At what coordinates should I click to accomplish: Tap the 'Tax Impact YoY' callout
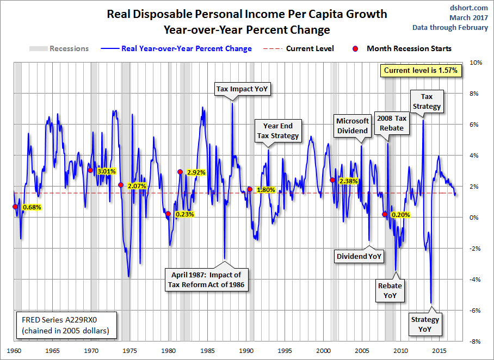pos(234,89)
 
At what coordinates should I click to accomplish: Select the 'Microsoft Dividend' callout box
pos(352,126)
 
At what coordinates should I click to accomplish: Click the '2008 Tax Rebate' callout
pos(391,123)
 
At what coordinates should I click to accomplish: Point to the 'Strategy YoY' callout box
pos(425,325)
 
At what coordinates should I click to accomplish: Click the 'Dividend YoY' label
pos(359,256)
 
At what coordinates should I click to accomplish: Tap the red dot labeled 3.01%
pos(90,170)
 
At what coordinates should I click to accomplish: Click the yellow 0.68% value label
pos(31,207)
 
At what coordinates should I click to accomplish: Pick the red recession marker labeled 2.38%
pos(332,180)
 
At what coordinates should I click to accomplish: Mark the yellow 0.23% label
pos(184,214)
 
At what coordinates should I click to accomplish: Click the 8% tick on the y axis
pos(474,94)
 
